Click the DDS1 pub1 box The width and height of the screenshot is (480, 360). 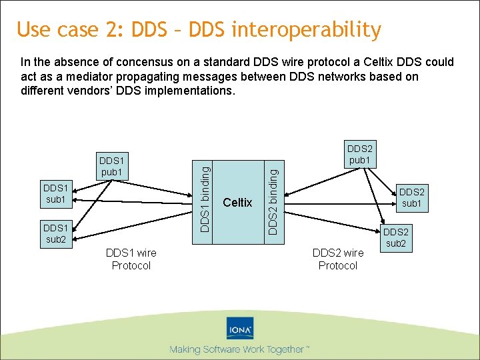point(112,167)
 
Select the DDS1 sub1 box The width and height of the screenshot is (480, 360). point(55,193)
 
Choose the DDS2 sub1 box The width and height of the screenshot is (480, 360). point(411,196)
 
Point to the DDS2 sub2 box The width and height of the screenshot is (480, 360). point(396,237)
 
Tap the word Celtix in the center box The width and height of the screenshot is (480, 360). point(238,202)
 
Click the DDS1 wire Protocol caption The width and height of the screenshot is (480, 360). point(131,259)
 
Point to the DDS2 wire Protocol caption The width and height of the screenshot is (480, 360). point(338,259)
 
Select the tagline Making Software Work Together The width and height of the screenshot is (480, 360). point(238,349)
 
